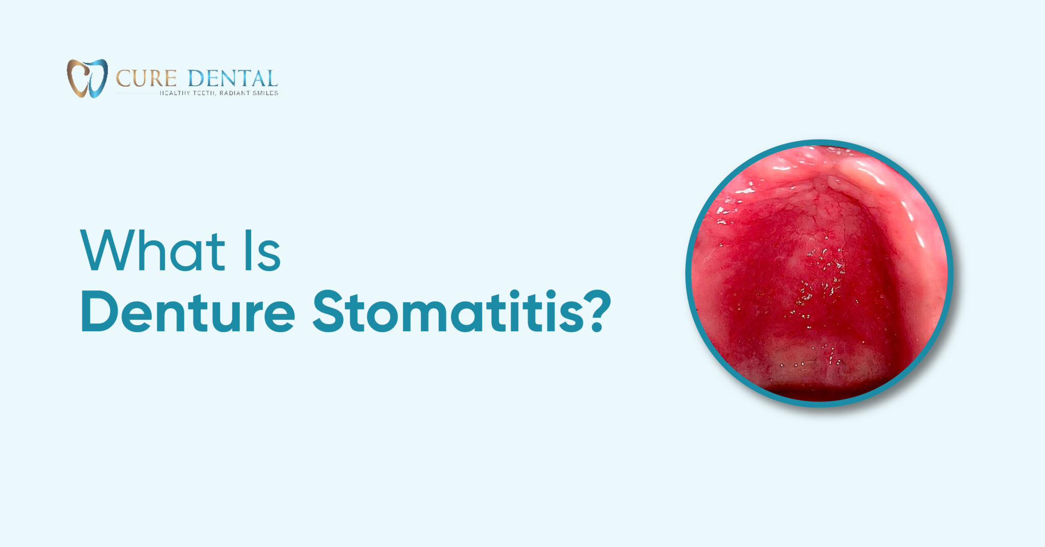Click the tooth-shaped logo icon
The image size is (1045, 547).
(87, 78)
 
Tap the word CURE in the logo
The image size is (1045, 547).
(146, 79)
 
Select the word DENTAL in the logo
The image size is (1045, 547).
(232, 79)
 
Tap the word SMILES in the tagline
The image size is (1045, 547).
(265, 93)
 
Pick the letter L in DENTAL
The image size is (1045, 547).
(271, 79)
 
